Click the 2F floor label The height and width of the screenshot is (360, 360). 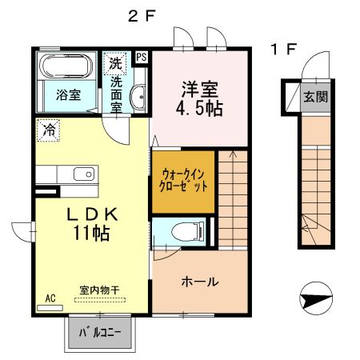pyautogui.click(x=141, y=16)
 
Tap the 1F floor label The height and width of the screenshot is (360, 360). pyautogui.click(x=283, y=50)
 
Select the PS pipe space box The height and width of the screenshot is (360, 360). pyautogui.click(x=142, y=57)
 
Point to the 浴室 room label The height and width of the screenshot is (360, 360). pyautogui.click(x=68, y=95)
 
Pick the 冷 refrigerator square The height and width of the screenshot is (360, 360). pyautogui.click(x=49, y=128)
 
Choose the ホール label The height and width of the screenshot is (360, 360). pyautogui.click(x=200, y=282)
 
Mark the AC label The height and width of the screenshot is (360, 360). pyautogui.click(x=50, y=298)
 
